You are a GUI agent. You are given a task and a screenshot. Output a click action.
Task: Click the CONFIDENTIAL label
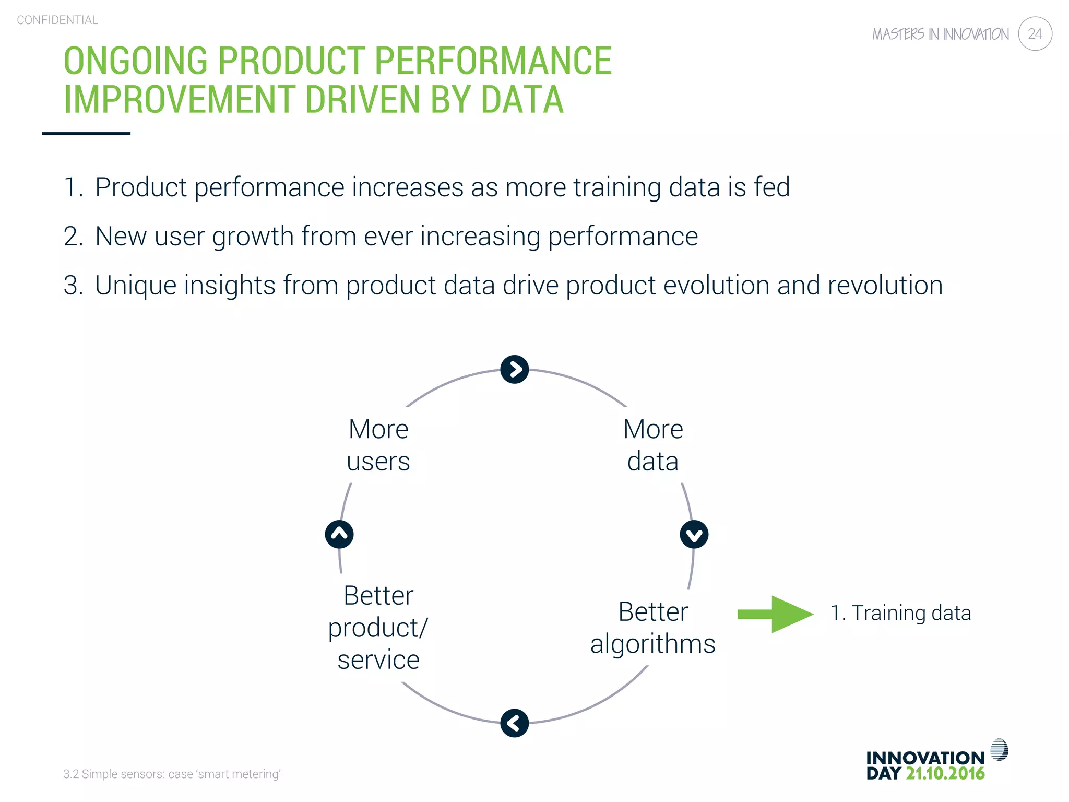click(x=57, y=20)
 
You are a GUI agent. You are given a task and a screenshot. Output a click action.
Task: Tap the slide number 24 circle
click(x=1035, y=34)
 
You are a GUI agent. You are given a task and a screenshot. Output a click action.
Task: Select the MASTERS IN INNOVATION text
click(x=940, y=34)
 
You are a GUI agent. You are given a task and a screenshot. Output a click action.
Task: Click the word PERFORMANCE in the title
click(x=493, y=61)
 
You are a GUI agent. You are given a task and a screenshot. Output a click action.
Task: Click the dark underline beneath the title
click(x=86, y=134)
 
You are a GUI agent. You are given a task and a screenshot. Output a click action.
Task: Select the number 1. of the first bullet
click(x=73, y=187)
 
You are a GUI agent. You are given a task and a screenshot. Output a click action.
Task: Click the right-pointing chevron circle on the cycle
click(x=514, y=370)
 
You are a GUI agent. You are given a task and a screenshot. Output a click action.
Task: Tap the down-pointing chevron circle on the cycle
click(x=694, y=534)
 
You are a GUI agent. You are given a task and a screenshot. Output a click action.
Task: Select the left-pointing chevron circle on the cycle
click(x=514, y=723)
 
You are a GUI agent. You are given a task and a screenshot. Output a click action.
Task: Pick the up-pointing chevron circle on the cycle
click(x=339, y=534)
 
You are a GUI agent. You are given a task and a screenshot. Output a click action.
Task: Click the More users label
click(x=378, y=445)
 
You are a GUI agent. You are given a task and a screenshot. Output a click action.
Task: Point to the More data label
click(x=652, y=445)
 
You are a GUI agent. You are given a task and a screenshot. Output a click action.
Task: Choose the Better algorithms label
click(x=652, y=628)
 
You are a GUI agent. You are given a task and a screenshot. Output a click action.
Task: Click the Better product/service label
click(x=378, y=628)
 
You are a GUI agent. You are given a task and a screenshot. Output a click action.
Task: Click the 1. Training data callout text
click(x=900, y=613)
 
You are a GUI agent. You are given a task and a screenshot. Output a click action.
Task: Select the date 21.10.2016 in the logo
click(x=945, y=773)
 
